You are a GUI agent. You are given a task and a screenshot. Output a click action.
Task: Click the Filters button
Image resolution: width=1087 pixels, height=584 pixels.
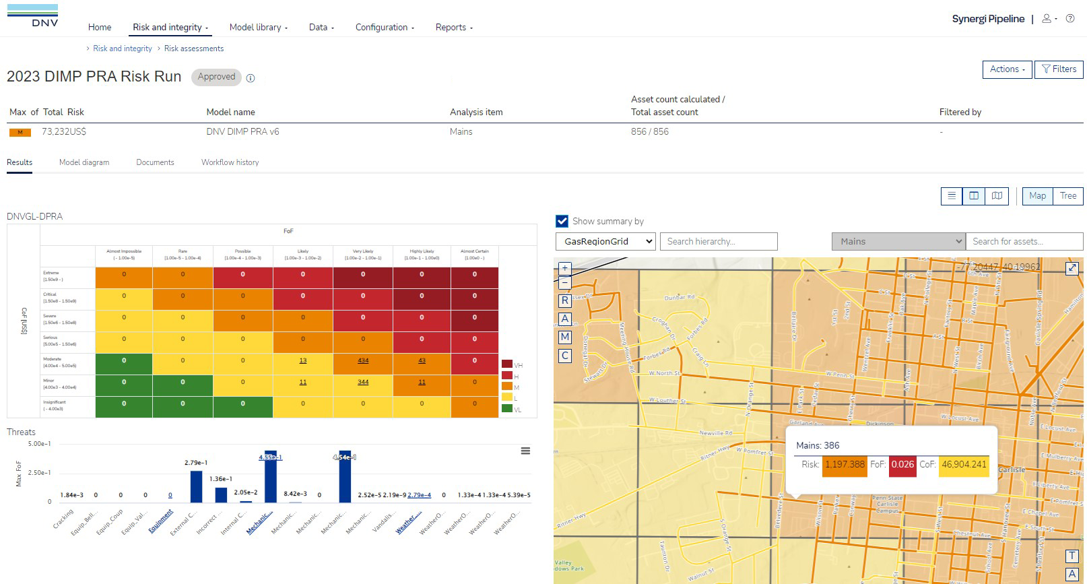[1059, 69]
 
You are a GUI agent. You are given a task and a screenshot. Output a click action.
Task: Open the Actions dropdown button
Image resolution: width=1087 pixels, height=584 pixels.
[1007, 69]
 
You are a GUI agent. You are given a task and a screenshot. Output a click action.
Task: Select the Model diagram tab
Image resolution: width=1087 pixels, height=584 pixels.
[84, 162]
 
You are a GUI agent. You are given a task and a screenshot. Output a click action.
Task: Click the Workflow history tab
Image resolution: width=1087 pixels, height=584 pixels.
[230, 162]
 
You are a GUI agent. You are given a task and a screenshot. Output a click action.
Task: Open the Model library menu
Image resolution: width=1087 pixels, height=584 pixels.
[258, 28]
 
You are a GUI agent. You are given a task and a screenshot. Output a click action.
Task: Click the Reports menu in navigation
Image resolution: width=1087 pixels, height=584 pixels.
[454, 28]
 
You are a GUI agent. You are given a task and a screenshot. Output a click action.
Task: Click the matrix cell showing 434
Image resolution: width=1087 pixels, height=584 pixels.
[363, 361]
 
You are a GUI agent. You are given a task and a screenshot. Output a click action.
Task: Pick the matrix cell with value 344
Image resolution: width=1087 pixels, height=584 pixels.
[363, 383]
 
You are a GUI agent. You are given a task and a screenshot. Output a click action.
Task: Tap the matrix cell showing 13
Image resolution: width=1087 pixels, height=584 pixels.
[303, 361]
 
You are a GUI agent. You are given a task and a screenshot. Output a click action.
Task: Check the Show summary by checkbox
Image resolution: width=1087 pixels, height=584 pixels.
[562, 221]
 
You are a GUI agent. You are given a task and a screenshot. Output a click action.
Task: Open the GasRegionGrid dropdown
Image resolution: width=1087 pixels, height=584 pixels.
[605, 241]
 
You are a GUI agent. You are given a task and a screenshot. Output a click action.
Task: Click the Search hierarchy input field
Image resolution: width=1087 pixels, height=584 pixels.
[718, 241]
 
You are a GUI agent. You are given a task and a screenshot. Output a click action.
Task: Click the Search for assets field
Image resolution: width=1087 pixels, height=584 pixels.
[1024, 241]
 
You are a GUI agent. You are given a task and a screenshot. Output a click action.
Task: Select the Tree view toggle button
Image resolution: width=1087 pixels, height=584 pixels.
[1068, 196]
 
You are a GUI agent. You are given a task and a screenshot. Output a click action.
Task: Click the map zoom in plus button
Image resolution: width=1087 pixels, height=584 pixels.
[565, 268]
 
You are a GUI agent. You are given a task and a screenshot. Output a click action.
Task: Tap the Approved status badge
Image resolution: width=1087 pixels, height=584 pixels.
[216, 77]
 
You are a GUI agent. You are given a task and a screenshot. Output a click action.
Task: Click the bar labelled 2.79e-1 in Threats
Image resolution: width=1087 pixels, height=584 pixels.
[196, 486]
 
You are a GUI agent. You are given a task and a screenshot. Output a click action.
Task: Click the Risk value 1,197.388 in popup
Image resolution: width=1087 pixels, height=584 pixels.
[845, 465]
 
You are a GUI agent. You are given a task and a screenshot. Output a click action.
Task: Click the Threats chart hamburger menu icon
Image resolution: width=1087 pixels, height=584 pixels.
[525, 451]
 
